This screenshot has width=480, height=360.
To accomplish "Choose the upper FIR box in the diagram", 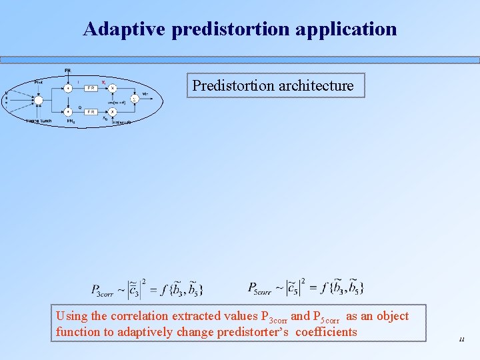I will pyautogui.click(x=91, y=88).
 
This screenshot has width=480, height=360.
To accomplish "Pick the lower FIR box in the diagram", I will pyautogui.click(x=91, y=112).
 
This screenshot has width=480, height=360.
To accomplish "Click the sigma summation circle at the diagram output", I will pyautogui.click(x=134, y=99).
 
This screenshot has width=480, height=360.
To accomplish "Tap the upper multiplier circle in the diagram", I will pyautogui.click(x=113, y=88).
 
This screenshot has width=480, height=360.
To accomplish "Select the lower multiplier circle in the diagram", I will pyautogui.click(x=113, y=112).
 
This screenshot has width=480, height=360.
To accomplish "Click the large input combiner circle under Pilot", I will pyautogui.click(x=39, y=100).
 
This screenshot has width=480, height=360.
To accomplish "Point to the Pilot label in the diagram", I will pyautogui.click(x=39, y=82).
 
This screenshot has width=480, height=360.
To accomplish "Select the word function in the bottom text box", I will pyautogui.click(x=79, y=332).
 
